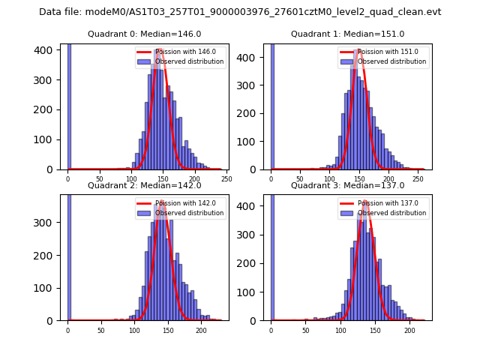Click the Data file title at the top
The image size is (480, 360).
pos(240,12)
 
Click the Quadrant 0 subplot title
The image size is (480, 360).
pos(145,34)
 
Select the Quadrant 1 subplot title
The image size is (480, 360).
pos(347,34)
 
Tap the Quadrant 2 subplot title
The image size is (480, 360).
pos(145,185)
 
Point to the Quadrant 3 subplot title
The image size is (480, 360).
pos(347,185)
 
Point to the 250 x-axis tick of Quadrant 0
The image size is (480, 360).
pos(226,179)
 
